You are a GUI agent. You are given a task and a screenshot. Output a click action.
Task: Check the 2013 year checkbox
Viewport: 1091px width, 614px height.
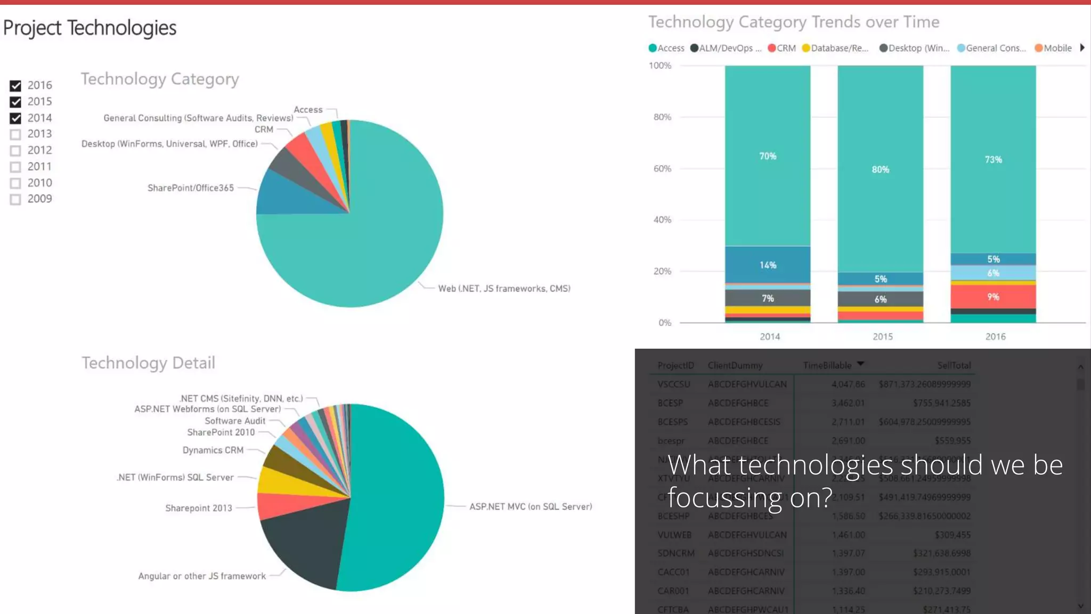(15, 134)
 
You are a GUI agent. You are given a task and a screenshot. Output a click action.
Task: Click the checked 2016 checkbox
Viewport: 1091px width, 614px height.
(15, 86)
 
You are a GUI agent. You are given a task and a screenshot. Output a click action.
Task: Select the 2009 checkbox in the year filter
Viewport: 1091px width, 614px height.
(15, 199)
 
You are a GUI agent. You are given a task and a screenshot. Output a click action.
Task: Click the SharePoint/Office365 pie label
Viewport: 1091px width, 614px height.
(190, 188)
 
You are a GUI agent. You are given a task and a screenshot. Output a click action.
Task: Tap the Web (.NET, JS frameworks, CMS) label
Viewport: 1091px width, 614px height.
(504, 289)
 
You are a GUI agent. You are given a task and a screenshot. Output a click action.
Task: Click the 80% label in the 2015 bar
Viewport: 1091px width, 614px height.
(880, 169)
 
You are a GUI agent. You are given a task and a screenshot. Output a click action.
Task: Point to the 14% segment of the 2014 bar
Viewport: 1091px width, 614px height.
(768, 265)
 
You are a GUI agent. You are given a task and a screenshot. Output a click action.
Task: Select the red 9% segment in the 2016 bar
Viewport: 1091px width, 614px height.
(993, 297)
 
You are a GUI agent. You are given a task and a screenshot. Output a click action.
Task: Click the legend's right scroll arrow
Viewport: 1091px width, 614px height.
(1082, 48)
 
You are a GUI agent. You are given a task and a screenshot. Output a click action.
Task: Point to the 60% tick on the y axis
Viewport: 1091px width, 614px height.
(662, 169)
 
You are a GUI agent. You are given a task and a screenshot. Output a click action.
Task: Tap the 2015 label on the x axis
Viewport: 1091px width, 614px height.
(882, 337)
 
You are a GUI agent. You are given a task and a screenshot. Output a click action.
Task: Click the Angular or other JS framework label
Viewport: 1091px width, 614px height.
(202, 576)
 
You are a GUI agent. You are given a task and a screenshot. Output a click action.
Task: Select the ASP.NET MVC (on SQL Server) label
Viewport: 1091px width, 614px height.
(530, 507)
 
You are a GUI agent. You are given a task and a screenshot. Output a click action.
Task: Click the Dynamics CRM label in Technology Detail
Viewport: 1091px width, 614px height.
(213, 450)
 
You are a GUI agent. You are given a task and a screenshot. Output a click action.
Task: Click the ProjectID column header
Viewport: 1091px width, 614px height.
(675, 366)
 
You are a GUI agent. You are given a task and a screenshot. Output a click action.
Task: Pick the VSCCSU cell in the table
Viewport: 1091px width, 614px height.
(673, 384)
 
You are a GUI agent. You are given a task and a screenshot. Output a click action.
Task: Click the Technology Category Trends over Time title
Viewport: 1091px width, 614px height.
(793, 22)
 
